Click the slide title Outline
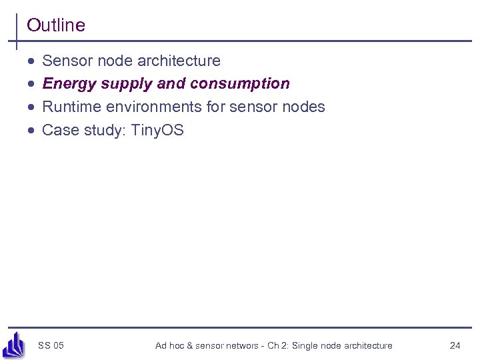click(x=56, y=25)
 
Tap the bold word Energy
click(x=69, y=84)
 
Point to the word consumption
click(x=239, y=84)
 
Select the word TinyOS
click(x=157, y=130)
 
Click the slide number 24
click(x=455, y=345)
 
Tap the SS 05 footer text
click(x=51, y=345)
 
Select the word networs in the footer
click(x=241, y=345)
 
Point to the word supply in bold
click(x=127, y=85)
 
